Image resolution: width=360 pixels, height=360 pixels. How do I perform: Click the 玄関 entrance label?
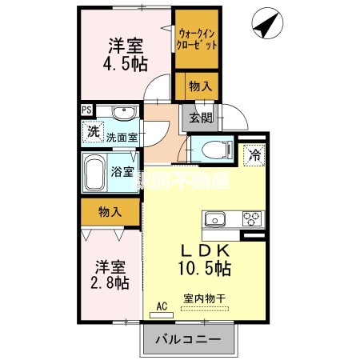coord(200,119)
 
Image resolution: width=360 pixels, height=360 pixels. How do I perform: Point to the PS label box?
coord(85,111)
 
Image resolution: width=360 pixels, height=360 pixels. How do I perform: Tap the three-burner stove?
coord(251,218)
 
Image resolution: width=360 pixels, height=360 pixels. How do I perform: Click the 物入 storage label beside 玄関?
coord(200,85)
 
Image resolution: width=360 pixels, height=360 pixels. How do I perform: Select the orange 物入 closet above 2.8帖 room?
coord(110,212)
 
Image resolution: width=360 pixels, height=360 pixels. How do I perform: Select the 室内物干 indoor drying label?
coord(204,298)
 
